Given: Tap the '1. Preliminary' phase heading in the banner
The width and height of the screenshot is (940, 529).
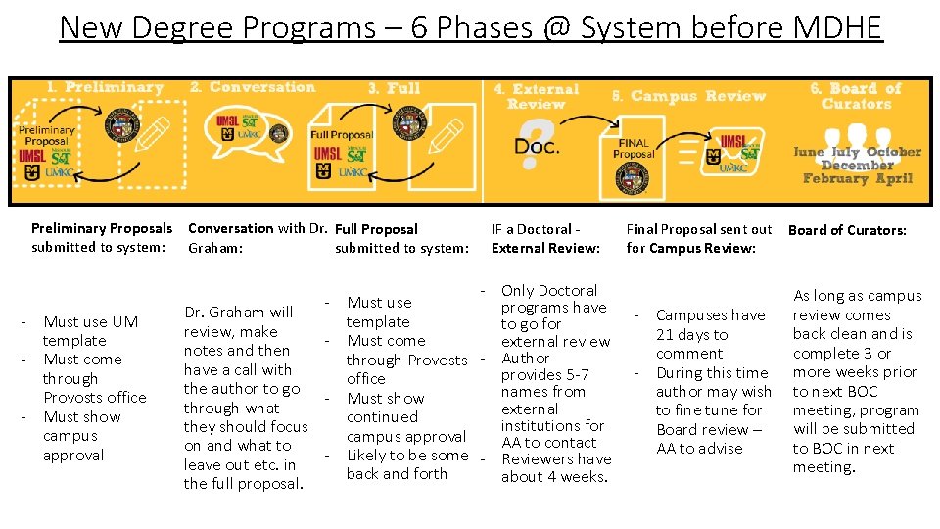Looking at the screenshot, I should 105,88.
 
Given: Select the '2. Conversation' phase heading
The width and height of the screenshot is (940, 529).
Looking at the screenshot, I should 253,87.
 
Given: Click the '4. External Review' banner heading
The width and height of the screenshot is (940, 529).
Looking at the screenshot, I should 537,96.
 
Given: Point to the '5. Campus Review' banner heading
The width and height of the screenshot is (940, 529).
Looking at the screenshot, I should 688,96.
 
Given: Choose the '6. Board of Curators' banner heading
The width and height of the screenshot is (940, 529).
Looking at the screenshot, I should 856,96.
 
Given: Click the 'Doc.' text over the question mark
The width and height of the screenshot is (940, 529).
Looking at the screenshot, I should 537,146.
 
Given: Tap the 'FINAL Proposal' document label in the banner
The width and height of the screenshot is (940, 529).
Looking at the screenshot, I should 634,149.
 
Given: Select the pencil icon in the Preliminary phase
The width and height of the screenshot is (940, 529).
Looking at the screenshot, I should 155,135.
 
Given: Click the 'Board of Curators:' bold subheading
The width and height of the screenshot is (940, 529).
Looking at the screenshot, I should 847,230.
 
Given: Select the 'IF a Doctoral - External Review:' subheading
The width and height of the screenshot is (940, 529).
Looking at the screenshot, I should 545,238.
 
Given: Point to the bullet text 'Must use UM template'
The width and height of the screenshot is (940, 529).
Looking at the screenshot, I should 90,331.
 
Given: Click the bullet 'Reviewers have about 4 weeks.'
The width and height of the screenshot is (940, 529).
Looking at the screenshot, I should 555,468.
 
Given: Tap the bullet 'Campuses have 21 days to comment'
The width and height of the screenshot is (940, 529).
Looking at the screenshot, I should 709,334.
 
